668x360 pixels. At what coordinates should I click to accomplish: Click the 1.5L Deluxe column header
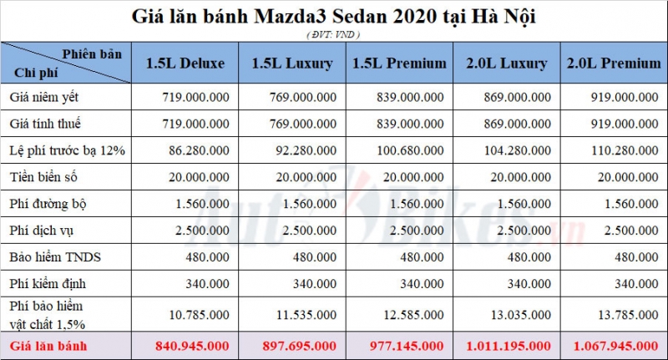(x=185, y=63)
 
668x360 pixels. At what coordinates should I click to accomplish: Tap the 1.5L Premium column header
(x=399, y=63)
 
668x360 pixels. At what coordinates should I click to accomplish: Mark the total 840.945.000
(x=191, y=345)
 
